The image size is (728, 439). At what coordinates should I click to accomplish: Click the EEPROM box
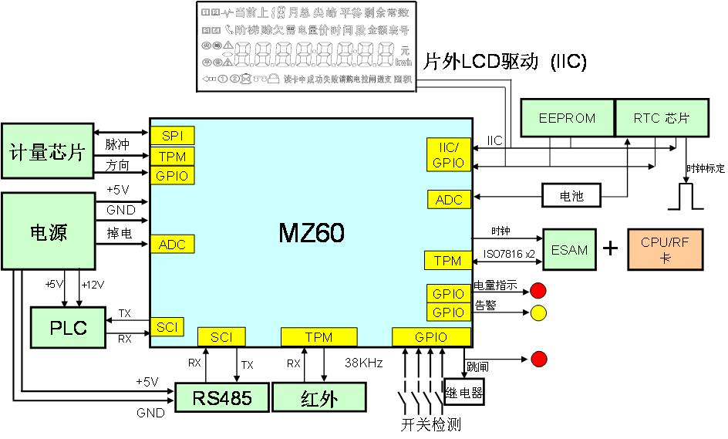[567, 118]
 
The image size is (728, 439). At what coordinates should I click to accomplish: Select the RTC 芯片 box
[661, 118]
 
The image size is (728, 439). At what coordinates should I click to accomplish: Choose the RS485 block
[224, 397]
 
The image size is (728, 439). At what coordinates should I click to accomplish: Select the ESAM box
[569, 249]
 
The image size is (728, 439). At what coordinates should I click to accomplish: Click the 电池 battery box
[571, 196]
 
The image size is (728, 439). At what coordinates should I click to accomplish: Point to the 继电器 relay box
[464, 393]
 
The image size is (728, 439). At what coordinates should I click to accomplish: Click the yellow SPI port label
[172, 135]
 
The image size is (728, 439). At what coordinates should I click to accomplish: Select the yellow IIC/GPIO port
[448, 154]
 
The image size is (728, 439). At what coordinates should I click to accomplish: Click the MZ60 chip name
[311, 233]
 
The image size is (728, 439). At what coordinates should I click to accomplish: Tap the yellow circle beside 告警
[538, 312]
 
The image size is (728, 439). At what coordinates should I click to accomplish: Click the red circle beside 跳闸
[538, 360]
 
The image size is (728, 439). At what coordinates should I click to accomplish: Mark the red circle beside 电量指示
[538, 291]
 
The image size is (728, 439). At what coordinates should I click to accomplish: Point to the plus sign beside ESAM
[610, 248]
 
